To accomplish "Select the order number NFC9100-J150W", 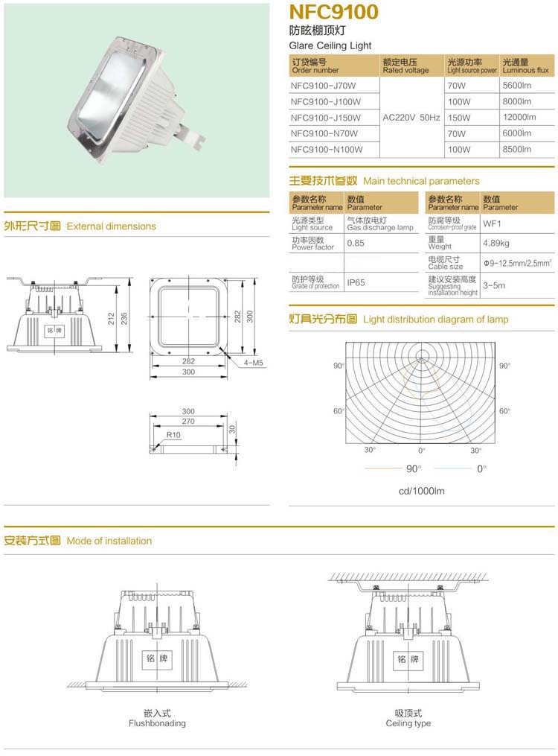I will click(326, 118).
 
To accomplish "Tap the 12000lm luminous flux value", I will click(519, 118).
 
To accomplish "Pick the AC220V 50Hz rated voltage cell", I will click(411, 118).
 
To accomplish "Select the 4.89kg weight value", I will click(496, 243).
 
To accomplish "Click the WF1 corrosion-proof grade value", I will click(493, 223).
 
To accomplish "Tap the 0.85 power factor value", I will click(356, 244).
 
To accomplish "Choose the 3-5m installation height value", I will click(494, 285).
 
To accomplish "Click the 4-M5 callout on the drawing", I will click(254, 363).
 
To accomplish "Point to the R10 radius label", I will click(173, 434).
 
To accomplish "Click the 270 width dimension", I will click(187, 422).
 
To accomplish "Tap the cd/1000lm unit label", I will click(421, 491).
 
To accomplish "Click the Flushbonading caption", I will click(157, 723).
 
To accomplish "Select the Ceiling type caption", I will click(408, 723).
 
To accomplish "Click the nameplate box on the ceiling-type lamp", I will click(408, 659).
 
